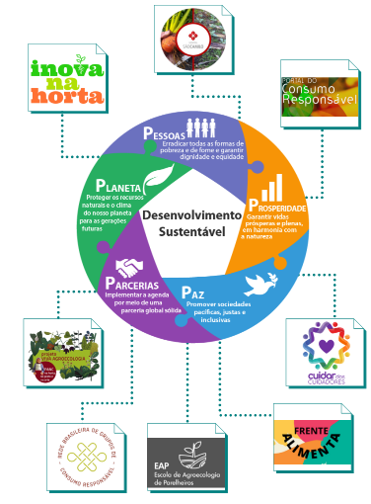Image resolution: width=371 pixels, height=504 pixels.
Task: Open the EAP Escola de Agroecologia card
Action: coord(185,462)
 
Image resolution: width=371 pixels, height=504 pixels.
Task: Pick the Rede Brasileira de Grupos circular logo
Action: coord(84,461)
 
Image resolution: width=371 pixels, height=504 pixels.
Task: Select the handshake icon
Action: coord(129,267)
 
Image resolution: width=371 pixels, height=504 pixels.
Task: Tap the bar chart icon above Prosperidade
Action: coord(269,187)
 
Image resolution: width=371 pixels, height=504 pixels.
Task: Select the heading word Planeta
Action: coord(119,186)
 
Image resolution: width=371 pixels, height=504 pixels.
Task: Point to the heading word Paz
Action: coord(193,292)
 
